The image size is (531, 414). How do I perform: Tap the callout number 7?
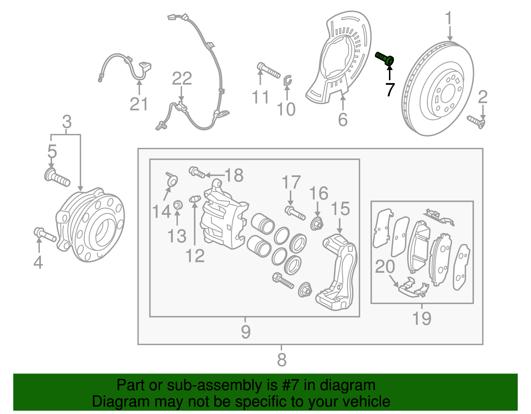click(x=390, y=89)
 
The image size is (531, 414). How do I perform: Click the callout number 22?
click(x=182, y=79)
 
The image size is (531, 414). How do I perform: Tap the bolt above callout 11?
click(x=268, y=70)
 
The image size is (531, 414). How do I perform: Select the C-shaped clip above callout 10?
click(x=287, y=80)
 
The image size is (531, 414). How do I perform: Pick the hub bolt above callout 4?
click(x=44, y=234)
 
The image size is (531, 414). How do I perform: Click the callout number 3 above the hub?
click(x=67, y=122)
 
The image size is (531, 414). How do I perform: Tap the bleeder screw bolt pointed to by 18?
click(x=197, y=172)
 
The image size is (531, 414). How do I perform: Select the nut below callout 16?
click(x=317, y=224)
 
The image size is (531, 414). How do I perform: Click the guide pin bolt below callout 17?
click(x=295, y=213)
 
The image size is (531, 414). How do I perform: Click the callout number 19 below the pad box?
click(x=421, y=319)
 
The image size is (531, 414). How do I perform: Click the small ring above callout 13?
click(x=178, y=205)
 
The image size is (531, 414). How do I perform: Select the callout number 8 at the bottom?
click(x=281, y=359)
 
